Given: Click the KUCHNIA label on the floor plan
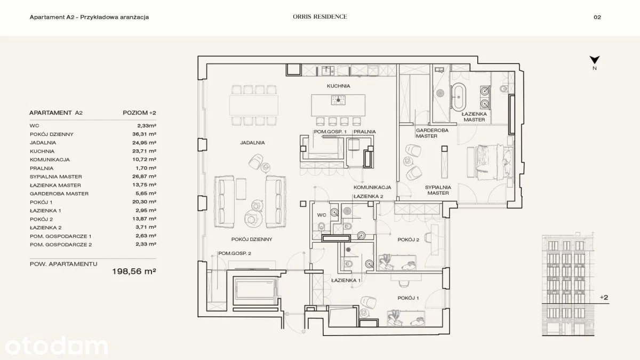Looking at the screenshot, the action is point(339,86).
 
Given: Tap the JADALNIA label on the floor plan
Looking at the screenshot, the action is point(253,142).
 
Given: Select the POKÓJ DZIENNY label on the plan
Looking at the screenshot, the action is point(252,239).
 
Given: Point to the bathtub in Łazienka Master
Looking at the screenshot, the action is point(458,97).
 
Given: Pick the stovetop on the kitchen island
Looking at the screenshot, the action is point(338,100).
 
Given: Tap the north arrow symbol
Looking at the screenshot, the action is point(595,60).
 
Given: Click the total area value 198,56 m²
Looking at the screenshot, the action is point(134,271).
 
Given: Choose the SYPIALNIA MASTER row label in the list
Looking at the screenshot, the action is point(55,177).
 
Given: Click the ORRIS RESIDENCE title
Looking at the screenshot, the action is point(319,17).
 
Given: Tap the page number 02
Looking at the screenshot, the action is point(597,17).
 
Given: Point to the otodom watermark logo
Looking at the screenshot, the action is point(57,346).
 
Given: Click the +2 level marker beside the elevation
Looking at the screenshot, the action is point(604,298).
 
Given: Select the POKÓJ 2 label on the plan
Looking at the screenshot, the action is point(409,239).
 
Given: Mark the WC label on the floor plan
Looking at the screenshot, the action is point(322,215).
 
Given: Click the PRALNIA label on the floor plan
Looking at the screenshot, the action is point(365,132).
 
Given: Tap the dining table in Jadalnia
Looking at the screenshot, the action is point(254,105).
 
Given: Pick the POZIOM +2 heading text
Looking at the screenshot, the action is point(139,113).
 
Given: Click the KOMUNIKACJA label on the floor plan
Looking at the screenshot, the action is point(372,187).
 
